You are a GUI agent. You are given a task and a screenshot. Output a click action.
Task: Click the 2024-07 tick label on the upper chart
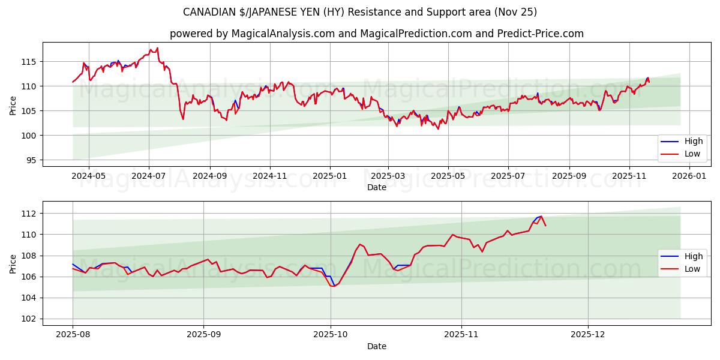click(x=149, y=176)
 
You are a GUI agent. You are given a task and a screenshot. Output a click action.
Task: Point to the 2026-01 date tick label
click(x=689, y=176)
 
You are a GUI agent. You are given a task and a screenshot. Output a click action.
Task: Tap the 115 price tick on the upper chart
click(x=29, y=62)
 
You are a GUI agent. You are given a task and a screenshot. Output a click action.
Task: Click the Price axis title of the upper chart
click(x=13, y=105)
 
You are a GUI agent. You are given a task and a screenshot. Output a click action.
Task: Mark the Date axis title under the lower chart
click(x=377, y=346)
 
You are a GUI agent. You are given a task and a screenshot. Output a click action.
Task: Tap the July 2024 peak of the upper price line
click(x=157, y=48)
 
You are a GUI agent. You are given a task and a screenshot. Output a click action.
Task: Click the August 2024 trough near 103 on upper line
click(x=183, y=119)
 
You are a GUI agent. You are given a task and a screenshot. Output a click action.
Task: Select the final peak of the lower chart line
click(x=541, y=217)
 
